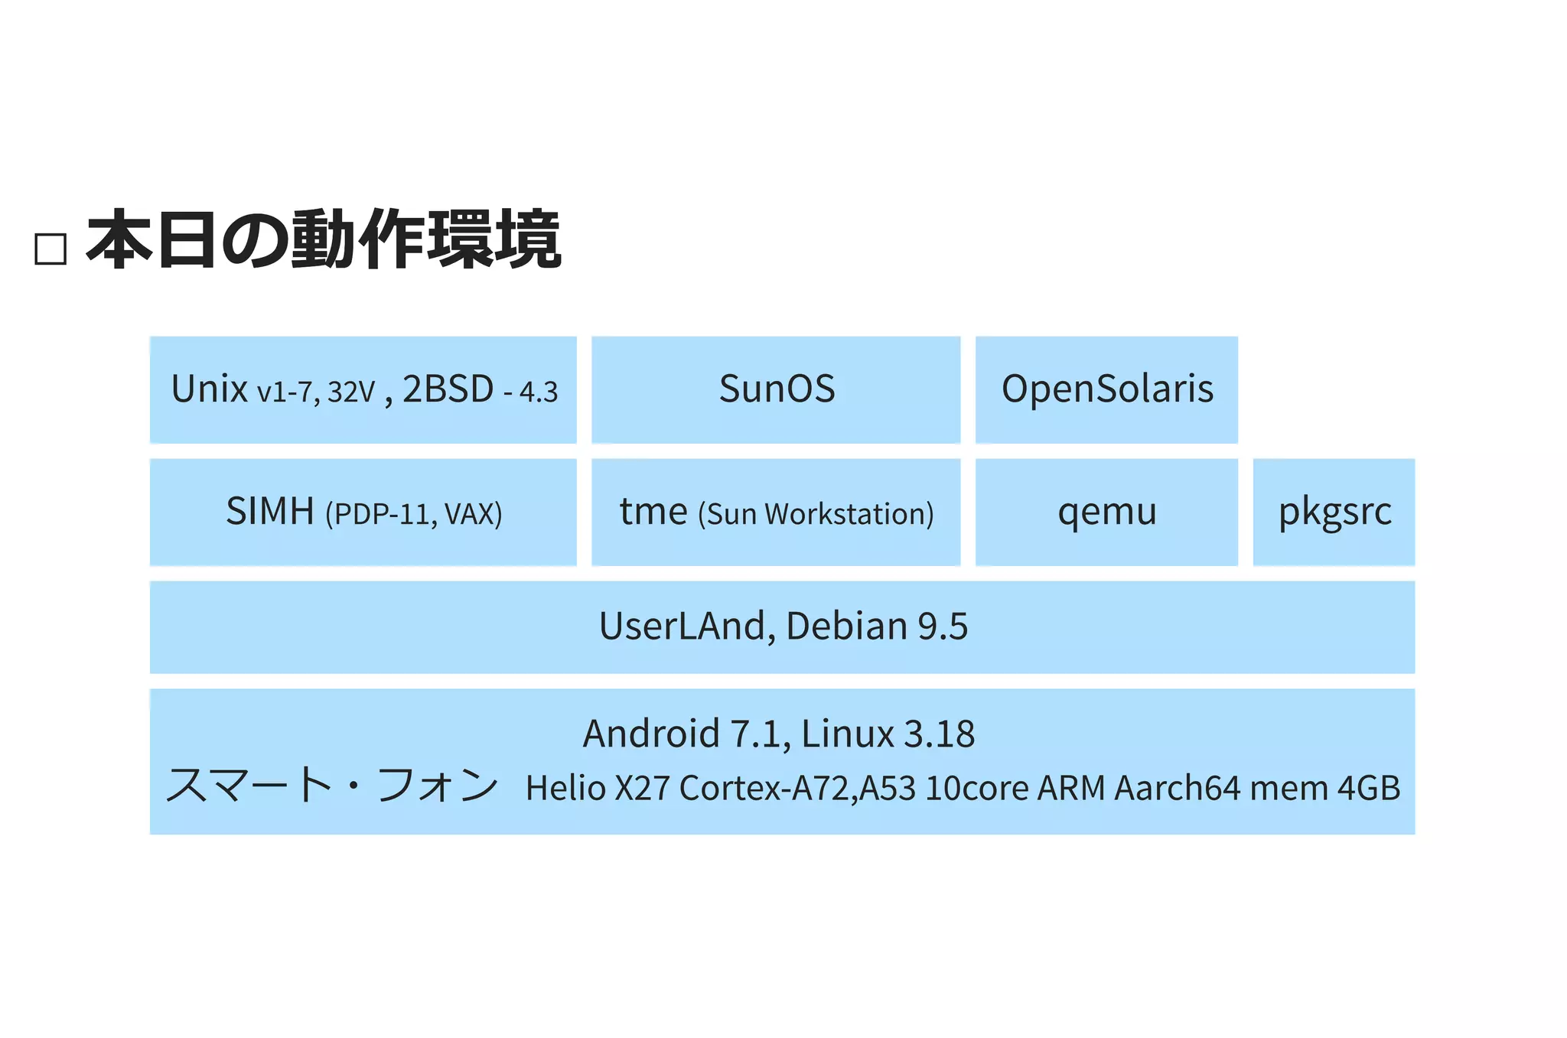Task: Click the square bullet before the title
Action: [x=50, y=249]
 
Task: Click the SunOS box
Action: [x=776, y=389]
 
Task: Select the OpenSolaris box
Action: [x=1106, y=389]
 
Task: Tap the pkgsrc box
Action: [x=1334, y=512]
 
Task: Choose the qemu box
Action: [x=1106, y=512]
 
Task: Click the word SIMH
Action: [x=270, y=511]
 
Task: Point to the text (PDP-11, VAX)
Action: [x=414, y=514]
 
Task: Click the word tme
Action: [x=653, y=511]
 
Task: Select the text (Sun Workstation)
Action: [x=816, y=514]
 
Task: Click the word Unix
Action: [x=209, y=389]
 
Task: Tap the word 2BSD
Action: [x=448, y=389]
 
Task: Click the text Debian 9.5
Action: [x=877, y=626]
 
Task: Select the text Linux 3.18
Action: [x=888, y=734]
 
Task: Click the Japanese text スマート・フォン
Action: [x=332, y=786]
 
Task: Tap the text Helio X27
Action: [x=598, y=789]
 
